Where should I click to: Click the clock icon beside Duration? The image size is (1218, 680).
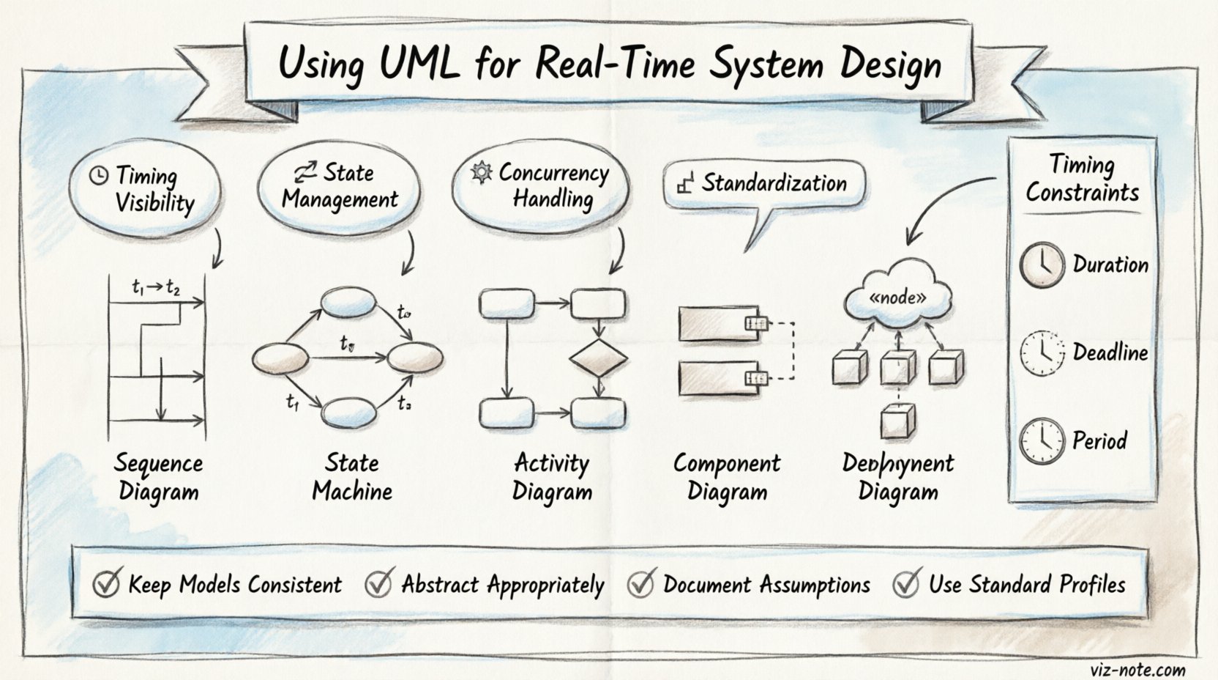[1042, 265]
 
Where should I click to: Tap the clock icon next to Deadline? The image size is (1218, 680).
[1042, 353]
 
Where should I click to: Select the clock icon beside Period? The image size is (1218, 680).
[1042, 441]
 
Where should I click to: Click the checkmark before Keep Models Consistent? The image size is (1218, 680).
[108, 583]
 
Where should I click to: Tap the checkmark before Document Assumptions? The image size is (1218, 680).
[641, 583]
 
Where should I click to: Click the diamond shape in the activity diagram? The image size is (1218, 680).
[599, 358]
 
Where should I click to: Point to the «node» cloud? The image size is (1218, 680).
[898, 297]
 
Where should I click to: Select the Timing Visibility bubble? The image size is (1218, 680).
[145, 189]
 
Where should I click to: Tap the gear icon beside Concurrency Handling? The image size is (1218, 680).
[481, 173]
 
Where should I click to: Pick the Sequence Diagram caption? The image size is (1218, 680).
[158, 477]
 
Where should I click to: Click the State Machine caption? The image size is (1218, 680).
[352, 477]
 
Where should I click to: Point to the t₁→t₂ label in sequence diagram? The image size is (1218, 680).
[156, 288]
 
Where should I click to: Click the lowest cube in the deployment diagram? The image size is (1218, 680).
[897, 422]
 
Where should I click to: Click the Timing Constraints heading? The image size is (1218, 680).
[1082, 178]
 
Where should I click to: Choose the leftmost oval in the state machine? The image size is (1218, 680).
[280, 359]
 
